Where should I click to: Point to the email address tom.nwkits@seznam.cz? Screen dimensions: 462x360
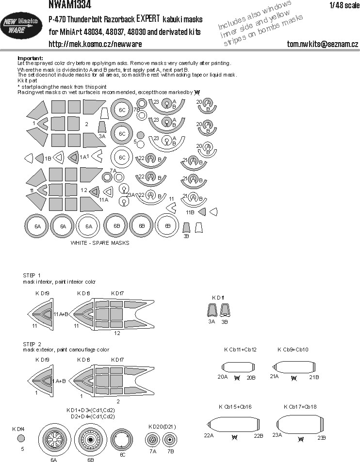(x=322, y=44)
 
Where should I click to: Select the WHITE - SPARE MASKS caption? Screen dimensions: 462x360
(x=100, y=243)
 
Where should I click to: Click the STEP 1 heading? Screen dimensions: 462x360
(x=32, y=275)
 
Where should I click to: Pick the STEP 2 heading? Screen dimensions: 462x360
(x=32, y=343)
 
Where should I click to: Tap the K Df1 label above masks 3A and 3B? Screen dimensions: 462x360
(x=218, y=297)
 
